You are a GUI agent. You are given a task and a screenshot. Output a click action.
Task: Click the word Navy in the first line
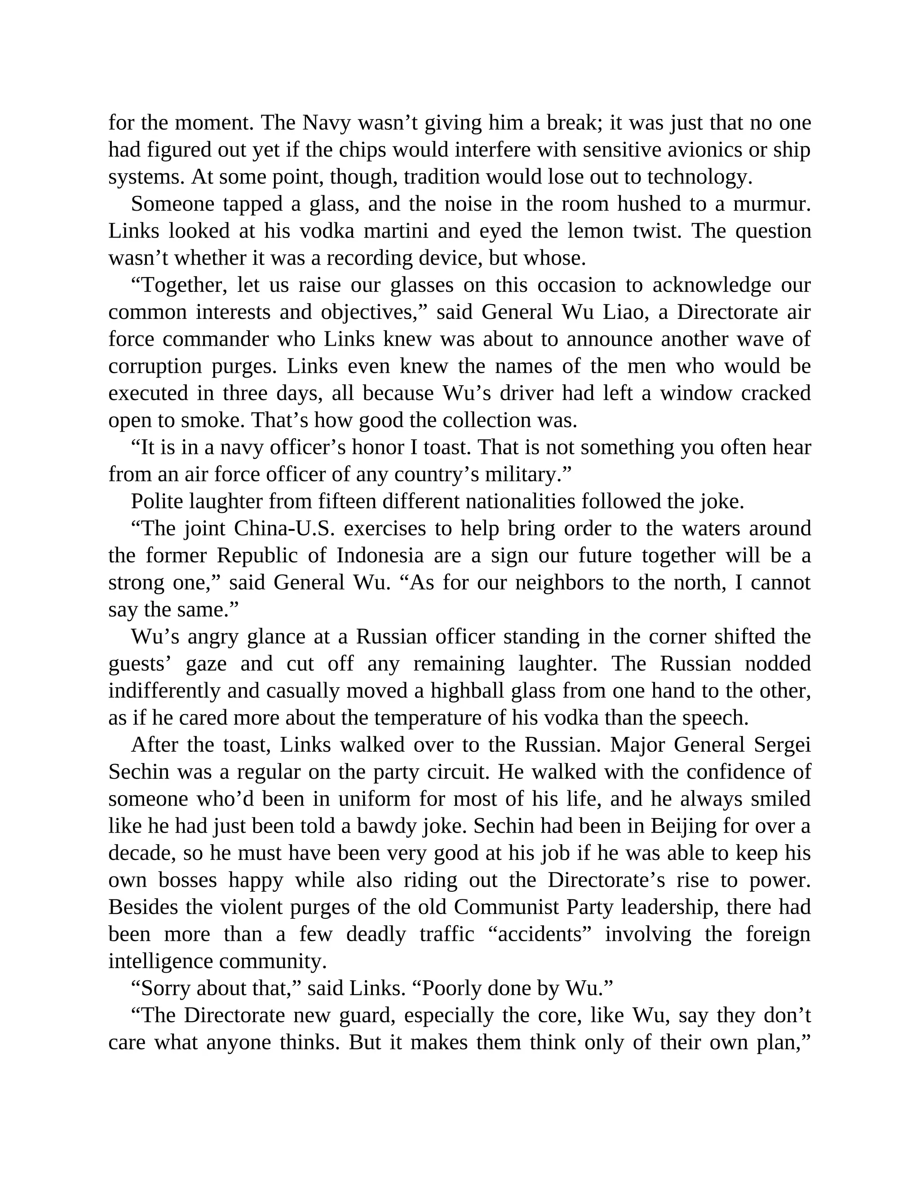tap(327, 123)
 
